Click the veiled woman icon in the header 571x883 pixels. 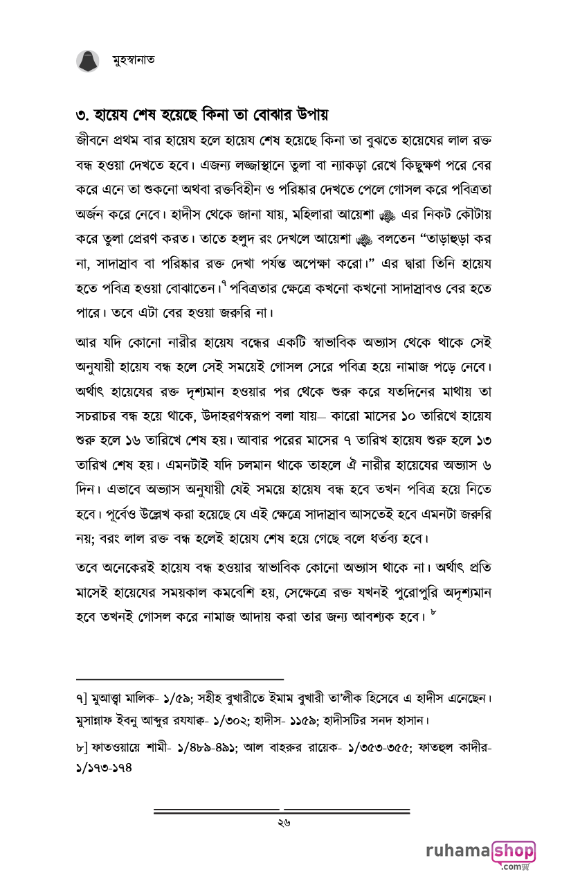(x=87, y=60)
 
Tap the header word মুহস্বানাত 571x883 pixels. (x=134, y=60)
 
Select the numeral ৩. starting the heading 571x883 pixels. (x=82, y=114)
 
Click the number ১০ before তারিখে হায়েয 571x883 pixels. (x=407, y=417)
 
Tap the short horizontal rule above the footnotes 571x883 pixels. (x=180, y=679)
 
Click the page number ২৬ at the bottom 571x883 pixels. (x=282, y=823)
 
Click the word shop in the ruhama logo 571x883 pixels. (x=513, y=851)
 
